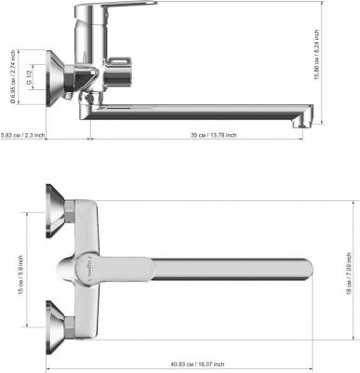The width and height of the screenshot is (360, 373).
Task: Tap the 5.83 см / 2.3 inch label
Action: pyautogui.click(x=23, y=135)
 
